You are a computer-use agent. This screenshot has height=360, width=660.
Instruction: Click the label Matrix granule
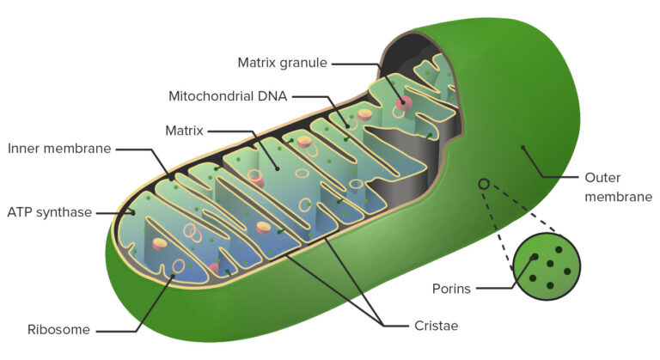(283, 64)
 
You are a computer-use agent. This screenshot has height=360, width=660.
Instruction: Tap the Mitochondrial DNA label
(228, 96)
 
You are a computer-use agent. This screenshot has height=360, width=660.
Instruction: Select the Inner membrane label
(59, 149)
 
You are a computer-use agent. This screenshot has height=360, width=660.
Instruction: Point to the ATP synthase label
(50, 212)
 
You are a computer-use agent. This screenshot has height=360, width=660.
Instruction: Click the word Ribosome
(58, 330)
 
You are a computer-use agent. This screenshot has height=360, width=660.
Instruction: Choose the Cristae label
(436, 326)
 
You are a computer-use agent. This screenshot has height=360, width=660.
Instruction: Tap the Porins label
(451, 289)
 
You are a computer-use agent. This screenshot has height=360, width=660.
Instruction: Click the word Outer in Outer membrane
(602, 178)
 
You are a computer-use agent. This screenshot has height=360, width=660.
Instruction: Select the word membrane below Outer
(619, 197)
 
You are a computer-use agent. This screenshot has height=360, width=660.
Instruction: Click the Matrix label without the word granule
(185, 131)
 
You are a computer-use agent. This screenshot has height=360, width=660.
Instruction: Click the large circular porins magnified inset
(547, 266)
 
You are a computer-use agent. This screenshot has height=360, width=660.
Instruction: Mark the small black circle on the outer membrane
(484, 184)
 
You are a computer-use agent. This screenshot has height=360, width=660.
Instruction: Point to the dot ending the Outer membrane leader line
(523, 148)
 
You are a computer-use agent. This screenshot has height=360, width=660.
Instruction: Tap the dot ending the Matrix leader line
(278, 169)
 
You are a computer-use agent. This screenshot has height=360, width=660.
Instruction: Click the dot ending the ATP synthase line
(133, 213)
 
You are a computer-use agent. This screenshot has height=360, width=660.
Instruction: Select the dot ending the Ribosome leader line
(173, 276)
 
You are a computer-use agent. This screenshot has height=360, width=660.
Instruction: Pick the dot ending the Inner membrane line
(171, 179)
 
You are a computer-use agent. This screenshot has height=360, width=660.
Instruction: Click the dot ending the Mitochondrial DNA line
(348, 126)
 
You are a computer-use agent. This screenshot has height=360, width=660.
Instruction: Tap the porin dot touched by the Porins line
(535, 256)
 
